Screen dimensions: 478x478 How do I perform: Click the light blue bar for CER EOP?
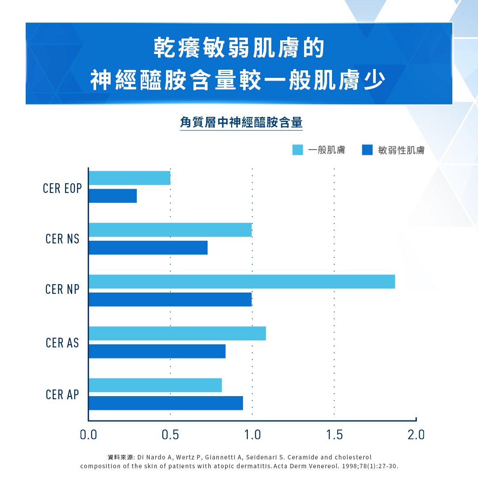[129, 178]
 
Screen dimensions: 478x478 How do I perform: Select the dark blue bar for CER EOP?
[112, 196]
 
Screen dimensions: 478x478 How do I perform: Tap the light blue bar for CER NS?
[170, 230]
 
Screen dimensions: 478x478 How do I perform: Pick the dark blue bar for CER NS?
[148, 248]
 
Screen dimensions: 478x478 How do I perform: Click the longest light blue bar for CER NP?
[242, 281]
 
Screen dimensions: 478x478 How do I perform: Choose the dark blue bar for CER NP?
[170, 300]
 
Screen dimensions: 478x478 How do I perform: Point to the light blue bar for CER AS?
[177, 333]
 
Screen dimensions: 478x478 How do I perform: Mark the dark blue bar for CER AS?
[157, 351]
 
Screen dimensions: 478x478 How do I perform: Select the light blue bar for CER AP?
[155, 385]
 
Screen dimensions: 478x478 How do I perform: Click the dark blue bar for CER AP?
[166, 403]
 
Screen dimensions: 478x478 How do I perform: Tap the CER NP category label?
[62, 290]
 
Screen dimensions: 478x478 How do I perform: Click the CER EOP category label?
[62, 188]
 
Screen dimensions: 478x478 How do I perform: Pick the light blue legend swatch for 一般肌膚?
[298, 150]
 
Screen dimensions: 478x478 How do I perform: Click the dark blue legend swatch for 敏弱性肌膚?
[367, 150]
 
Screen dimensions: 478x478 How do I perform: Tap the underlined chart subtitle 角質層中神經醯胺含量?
[241, 122]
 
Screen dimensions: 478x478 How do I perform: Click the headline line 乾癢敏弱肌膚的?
[239, 48]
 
